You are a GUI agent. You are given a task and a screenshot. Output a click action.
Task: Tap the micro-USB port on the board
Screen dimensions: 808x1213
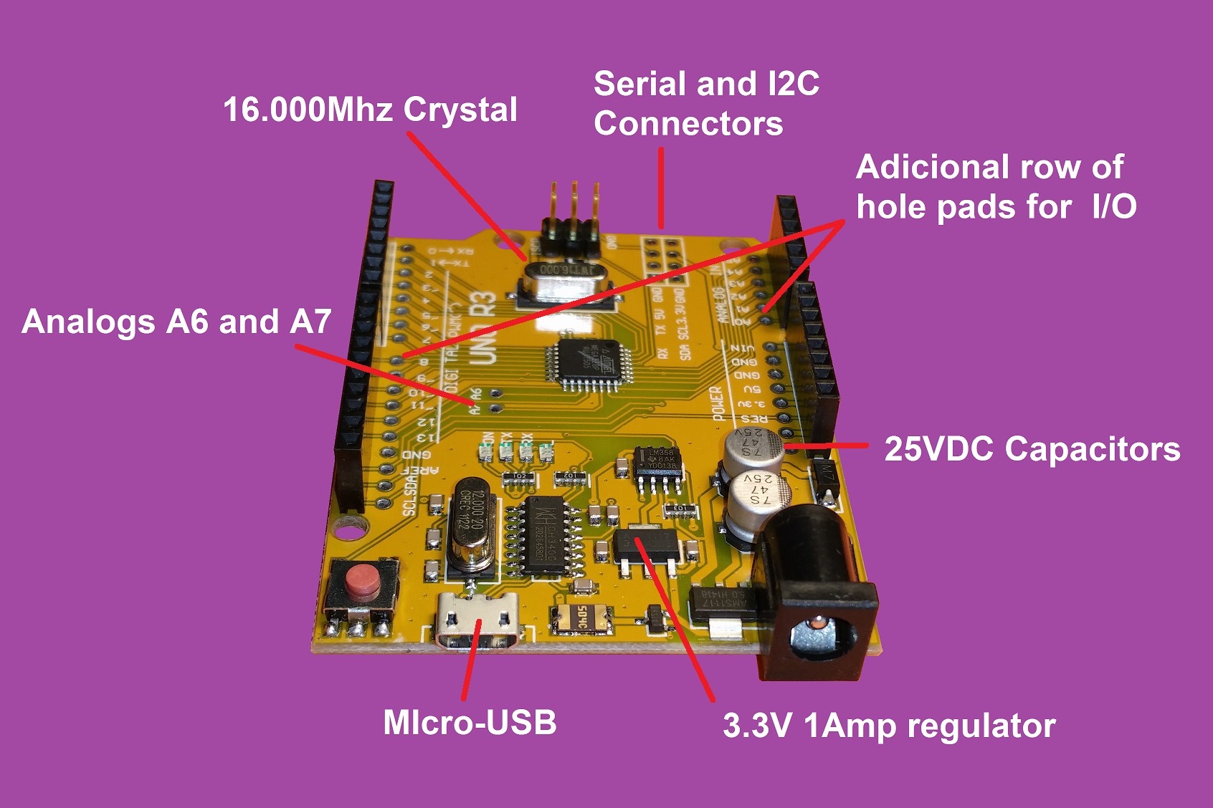coord(479,620)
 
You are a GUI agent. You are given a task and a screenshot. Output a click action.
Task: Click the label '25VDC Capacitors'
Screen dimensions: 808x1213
coord(1032,449)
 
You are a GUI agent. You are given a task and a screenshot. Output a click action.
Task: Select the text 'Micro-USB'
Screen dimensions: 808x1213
coord(470,722)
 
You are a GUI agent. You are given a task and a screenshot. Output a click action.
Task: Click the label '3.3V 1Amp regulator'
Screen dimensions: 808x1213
coord(889,726)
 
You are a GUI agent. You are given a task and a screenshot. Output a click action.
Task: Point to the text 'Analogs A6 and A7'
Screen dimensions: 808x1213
coord(176,322)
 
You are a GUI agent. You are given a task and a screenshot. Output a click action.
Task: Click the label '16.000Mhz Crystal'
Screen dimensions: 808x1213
coord(370,110)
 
